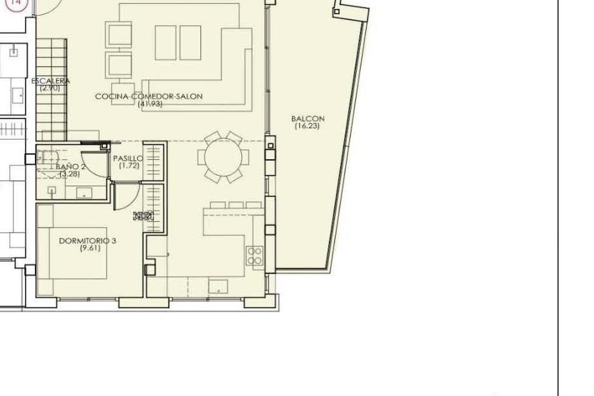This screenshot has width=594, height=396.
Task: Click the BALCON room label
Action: click(x=308, y=119)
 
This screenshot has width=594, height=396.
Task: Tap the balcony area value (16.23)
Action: click(x=307, y=126)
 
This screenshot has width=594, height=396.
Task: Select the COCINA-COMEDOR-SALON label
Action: click(x=149, y=97)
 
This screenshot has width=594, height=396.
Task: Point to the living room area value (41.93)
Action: click(x=150, y=104)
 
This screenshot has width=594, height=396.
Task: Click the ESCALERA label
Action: click(x=50, y=81)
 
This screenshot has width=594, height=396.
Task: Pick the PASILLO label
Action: click(x=128, y=159)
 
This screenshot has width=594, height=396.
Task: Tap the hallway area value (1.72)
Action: click(x=129, y=166)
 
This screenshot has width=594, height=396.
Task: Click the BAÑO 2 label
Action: click(x=71, y=167)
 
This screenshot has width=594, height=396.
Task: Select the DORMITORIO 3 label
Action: click(x=88, y=241)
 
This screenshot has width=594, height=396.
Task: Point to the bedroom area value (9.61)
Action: click(x=90, y=248)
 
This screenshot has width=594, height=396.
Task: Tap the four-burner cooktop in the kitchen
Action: click(x=255, y=256)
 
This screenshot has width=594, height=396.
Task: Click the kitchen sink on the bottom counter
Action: click(x=218, y=286)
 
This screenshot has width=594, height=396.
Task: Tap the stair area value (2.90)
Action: click(x=49, y=88)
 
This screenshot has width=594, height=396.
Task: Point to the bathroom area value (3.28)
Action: click(x=70, y=174)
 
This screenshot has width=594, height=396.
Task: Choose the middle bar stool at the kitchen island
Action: click(x=236, y=205)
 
